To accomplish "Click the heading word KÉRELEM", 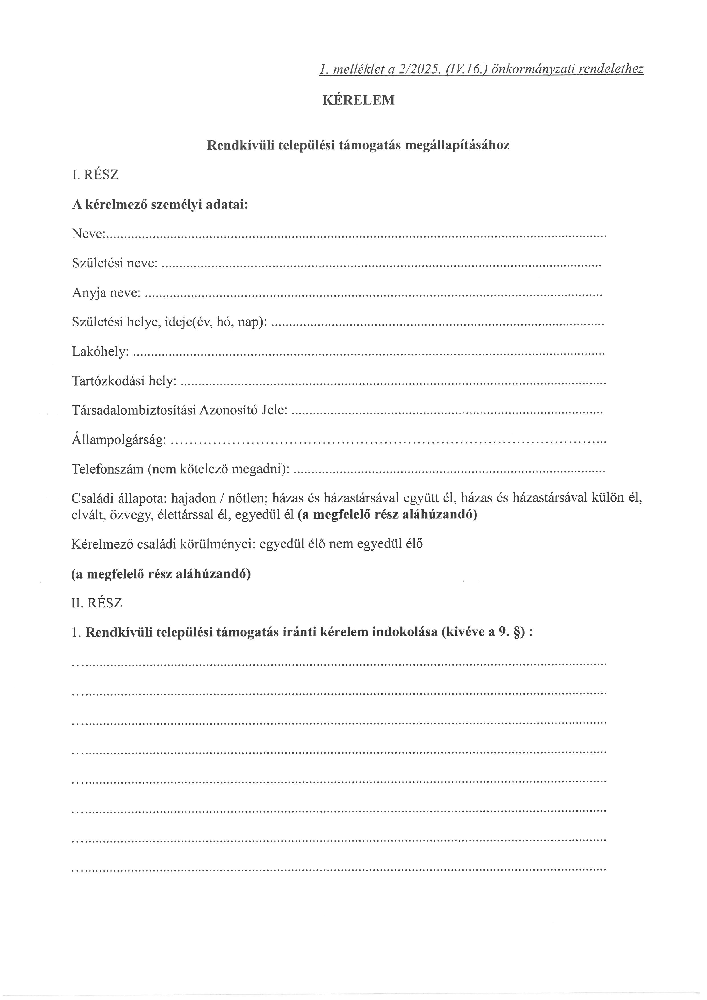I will [x=358, y=100].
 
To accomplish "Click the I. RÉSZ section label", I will [x=95, y=175].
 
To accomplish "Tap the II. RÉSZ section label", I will [x=97, y=603].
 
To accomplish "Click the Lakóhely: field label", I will [x=100, y=352].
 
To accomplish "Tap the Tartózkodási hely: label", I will [x=124, y=381].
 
